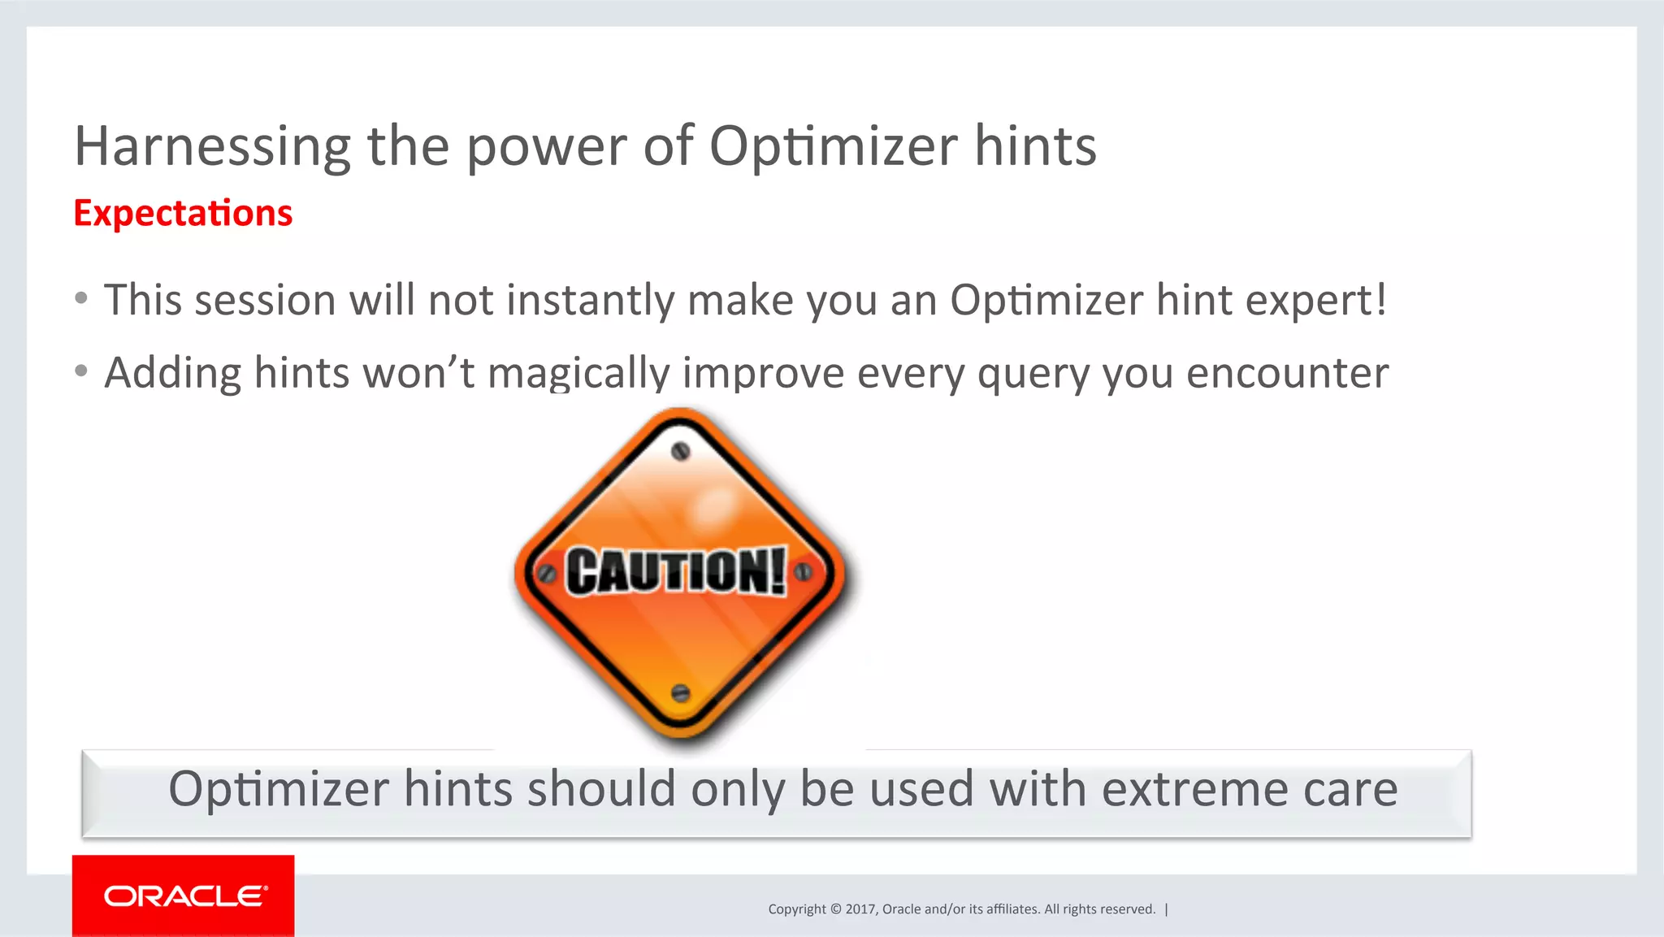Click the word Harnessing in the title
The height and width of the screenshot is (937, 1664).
212,148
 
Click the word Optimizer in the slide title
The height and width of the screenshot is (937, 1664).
833,148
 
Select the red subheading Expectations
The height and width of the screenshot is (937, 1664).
183,214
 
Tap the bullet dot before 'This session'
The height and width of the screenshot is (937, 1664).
81,298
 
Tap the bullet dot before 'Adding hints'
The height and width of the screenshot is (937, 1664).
81,371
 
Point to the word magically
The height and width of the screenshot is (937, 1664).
578,374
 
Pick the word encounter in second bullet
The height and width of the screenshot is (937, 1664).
1287,374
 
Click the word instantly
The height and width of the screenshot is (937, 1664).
590,301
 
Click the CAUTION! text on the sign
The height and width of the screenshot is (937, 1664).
676,571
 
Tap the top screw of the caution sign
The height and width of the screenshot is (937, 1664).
681,451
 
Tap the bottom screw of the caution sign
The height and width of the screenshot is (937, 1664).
681,693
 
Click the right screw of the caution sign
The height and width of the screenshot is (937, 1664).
803,571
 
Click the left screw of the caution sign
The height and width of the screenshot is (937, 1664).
548,574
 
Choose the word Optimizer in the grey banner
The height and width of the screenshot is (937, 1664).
279,789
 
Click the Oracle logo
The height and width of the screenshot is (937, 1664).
184,896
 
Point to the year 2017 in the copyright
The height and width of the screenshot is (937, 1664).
860,909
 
